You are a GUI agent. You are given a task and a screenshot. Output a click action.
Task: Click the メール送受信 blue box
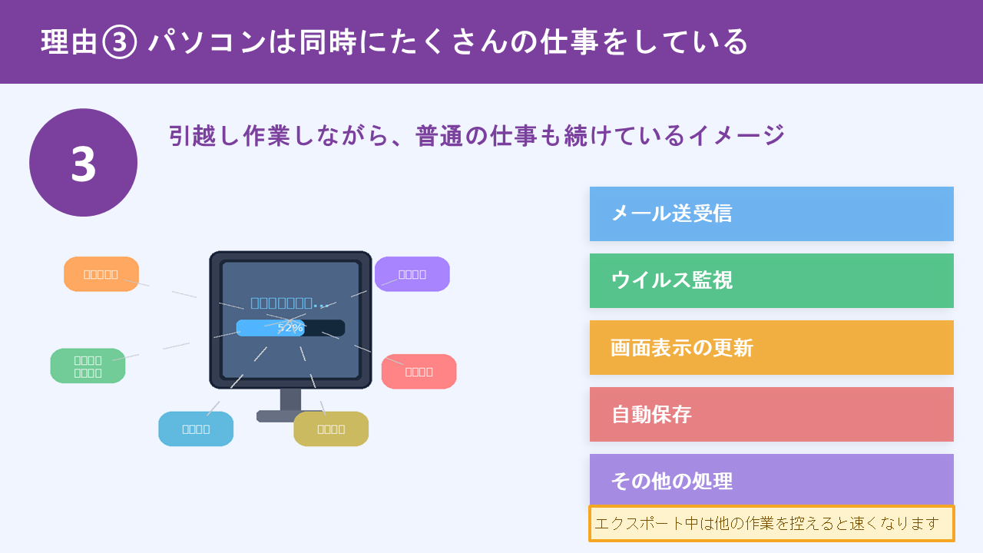click(771, 214)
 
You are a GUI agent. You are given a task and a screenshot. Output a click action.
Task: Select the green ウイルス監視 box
click(771, 280)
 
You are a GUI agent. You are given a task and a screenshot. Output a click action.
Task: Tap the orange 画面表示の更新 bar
click(771, 347)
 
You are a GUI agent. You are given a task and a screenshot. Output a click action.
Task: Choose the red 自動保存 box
click(771, 414)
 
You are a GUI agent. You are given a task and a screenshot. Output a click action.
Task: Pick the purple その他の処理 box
click(771, 480)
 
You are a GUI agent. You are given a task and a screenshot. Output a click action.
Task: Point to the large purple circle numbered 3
click(83, 163)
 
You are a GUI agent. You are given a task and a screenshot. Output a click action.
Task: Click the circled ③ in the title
click(119, 41)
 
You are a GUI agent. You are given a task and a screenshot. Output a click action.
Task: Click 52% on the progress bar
click(290, 328)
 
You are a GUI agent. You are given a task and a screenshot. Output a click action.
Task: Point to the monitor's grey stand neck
click(290, 399)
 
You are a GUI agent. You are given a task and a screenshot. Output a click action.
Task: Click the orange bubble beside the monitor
click(101, 274)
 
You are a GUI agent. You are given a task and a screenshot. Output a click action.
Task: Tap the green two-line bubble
click(88, 366)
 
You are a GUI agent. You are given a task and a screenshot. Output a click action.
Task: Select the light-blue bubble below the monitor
click(196, 429)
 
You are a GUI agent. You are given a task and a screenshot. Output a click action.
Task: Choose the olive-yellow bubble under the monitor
click(331, 429)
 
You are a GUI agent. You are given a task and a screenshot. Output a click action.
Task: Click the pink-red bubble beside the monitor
click(419, 372)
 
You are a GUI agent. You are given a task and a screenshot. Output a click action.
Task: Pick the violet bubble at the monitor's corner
click(412, 274)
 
